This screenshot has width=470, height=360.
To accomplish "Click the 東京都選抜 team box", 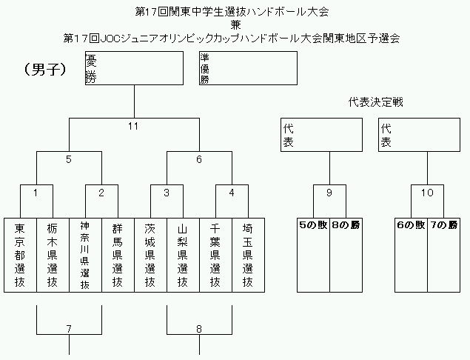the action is (20, 255).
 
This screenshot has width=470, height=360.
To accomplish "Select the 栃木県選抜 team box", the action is (53, 255).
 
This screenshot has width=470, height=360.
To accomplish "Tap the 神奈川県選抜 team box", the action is (85, 255).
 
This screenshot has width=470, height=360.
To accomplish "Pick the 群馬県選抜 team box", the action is (118, 255).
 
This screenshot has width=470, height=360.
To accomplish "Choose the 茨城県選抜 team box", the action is (150, 255).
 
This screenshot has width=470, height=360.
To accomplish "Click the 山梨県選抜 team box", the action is (183, 255).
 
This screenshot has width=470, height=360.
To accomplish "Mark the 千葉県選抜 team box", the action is (216, 255).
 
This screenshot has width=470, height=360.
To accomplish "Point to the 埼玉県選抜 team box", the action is (248, 255).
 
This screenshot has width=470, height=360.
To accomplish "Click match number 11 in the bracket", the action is (133, 127).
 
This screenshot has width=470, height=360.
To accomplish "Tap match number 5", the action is (69, 159).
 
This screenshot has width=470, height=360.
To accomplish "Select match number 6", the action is (199, 159).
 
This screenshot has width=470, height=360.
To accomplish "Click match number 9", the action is (329, 193).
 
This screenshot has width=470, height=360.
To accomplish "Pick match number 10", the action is (427, 193).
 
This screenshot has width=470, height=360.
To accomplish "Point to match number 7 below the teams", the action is (69, 329).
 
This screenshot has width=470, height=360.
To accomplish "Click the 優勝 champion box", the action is (134, 68).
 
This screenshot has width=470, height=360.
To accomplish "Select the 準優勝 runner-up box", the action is (248, 68).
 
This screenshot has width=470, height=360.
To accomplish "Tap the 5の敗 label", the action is (313, 225).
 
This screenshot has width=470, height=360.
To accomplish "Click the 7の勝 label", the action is (443, 225).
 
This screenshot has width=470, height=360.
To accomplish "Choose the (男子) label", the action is (45, 70).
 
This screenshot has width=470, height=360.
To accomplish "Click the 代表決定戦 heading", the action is (375, 102).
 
